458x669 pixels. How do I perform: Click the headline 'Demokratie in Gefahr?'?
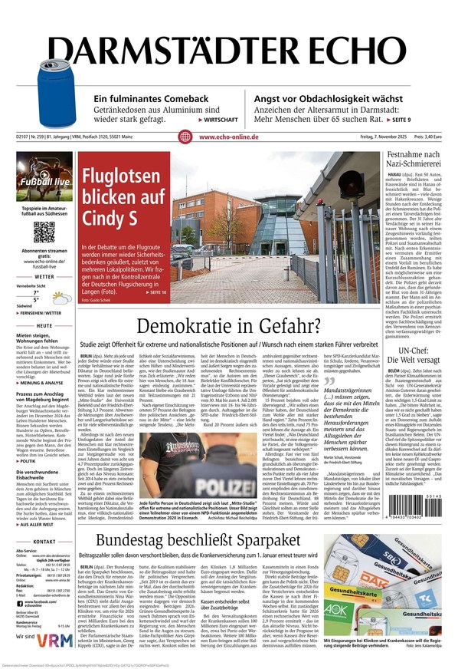coord(227,327)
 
